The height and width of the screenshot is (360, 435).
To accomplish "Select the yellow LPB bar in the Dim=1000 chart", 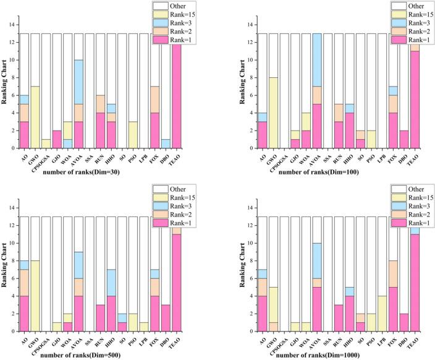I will pyautogui.click(x=383, y=313).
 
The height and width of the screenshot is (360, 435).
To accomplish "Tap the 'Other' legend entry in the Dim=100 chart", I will pyautogui.click(x=400, y=5).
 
